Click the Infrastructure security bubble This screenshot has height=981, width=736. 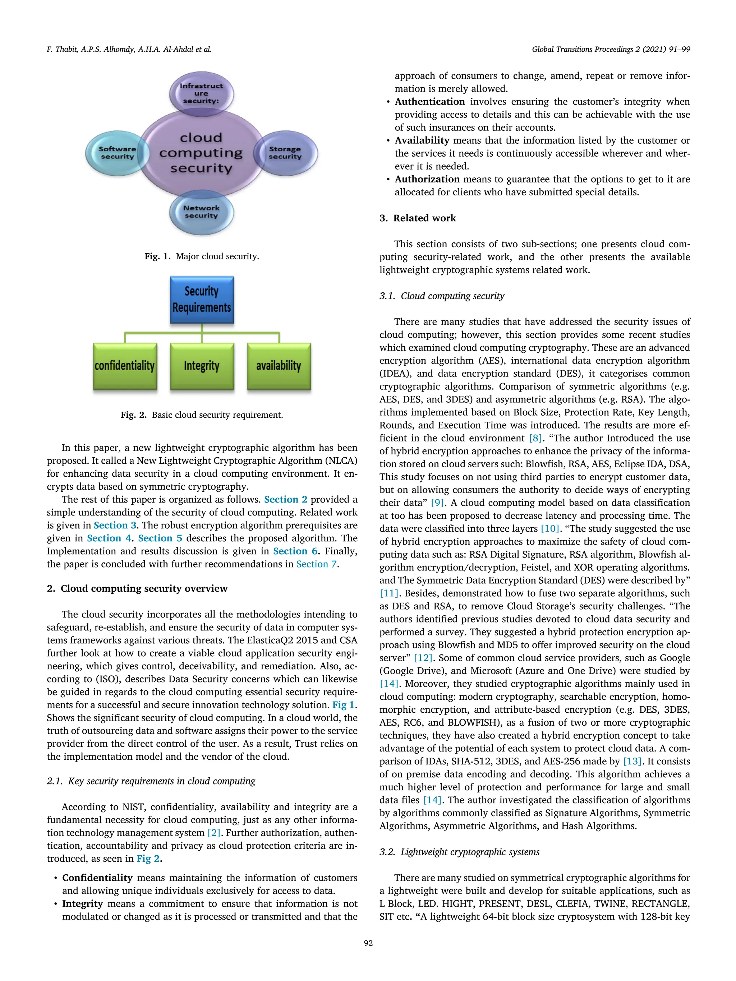tap(201, 93)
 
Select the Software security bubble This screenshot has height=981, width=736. tap(117, 153)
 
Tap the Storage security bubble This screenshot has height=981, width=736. tap(285, 153)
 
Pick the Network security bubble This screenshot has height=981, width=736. tap(201, 212)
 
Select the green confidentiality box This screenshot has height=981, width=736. tap(125, 366)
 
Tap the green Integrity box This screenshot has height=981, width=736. tap(202, 366)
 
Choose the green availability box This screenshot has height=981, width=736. tap(279, 366)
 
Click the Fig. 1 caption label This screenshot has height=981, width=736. tap(157, 256)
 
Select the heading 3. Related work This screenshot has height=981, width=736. tap(418, 218)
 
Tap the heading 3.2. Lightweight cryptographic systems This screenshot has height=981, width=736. tap(459, 852)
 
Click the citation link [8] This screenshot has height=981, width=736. tap(535, 438)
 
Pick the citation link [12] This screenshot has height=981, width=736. tap(423, 658)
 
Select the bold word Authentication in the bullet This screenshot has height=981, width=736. tap(429, 102)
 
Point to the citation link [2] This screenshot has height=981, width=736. tap(214, 833)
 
